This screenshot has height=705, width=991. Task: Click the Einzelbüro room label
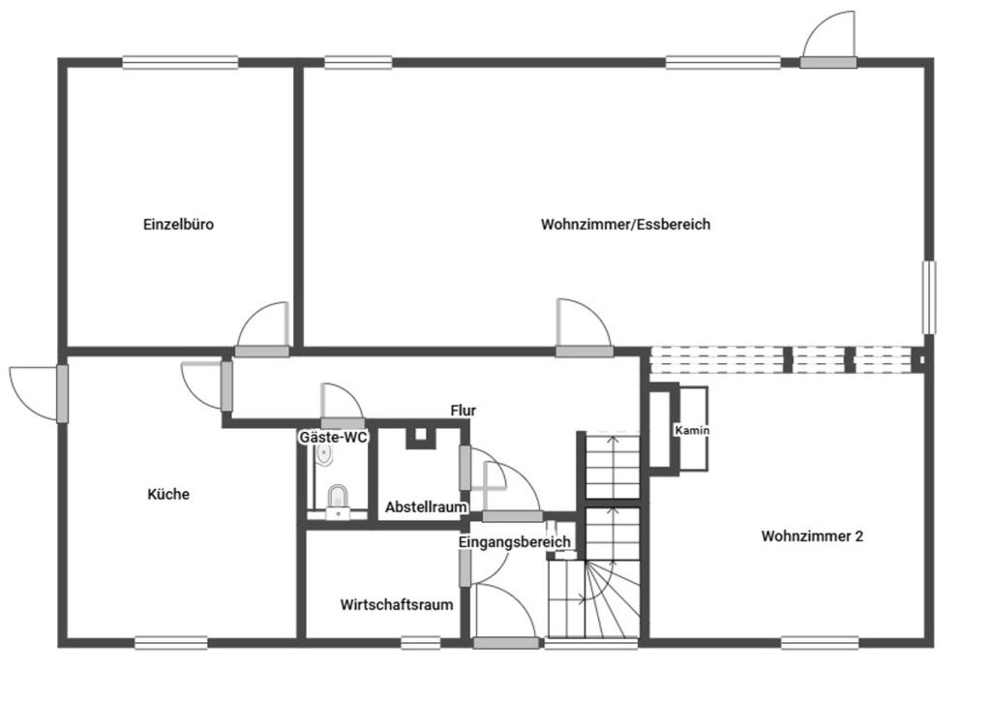point(178,225)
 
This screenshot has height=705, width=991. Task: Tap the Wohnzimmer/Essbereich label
point(625,225)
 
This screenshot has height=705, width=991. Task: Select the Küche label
point(168,494)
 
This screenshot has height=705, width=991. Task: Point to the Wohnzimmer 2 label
point(812,536)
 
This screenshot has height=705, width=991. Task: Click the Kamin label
point(692,430)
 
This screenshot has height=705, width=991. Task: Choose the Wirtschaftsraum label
point(397,605)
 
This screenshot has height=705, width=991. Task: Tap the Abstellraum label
point(426,506)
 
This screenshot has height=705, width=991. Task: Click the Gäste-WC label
point(333,437)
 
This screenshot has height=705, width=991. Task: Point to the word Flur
point(464,411)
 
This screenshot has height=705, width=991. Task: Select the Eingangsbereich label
point(514,542)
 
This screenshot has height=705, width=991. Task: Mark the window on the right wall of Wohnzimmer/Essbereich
point(928,297)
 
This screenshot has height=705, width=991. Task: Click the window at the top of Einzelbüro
point(180,63)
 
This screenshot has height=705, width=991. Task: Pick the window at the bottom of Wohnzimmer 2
point(820,641)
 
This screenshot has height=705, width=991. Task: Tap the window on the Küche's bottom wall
point(170,641)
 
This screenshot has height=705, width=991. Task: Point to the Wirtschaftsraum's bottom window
point(420,641)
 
